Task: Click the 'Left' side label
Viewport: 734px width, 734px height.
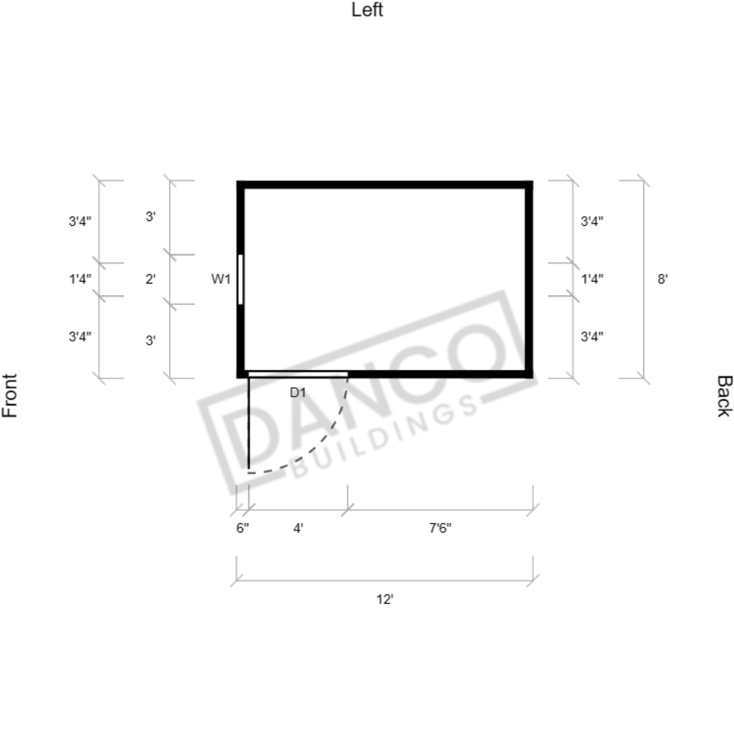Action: [367, 10]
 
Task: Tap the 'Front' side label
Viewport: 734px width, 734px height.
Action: [10, 395]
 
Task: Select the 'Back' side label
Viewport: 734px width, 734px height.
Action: [724, 396]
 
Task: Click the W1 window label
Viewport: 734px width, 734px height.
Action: [221, 279]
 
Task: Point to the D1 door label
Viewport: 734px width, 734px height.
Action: [298, 393]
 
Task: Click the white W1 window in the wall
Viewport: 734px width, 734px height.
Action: [241, 280]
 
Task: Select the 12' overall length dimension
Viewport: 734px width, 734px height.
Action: [385, 599]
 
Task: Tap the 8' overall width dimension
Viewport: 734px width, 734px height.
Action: [662, 279]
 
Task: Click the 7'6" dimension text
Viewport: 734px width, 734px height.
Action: [440, 528]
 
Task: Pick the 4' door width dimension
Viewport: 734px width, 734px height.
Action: [298, 528]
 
